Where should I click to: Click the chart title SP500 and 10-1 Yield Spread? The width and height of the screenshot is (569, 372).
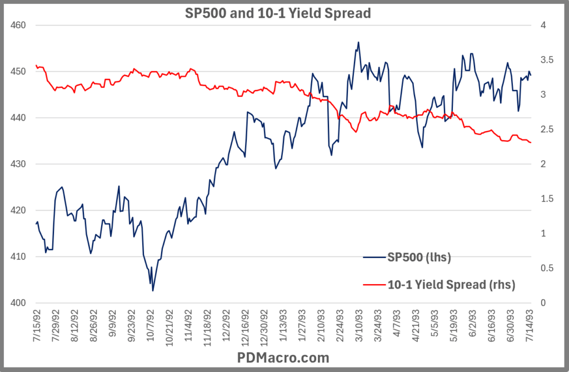[x=277, y=13]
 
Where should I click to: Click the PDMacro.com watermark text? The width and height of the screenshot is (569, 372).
[x=283, y=357]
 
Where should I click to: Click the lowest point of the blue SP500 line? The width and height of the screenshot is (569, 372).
[x=153, y=290]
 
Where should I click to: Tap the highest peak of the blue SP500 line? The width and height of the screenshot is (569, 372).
[x=358, y=42]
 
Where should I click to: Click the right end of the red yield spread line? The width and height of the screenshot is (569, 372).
[x=531, y=143]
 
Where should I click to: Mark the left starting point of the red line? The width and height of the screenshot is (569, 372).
[x=36, y=66]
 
